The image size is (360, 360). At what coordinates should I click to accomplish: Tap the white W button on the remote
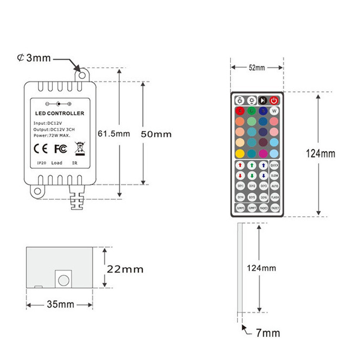274,111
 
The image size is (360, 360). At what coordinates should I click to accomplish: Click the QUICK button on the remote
275,165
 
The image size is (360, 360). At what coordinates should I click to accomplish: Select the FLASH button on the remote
275,196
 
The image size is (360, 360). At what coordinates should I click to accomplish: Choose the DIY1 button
240,186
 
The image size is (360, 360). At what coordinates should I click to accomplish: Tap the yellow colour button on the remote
240,153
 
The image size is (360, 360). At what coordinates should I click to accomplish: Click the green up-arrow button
252,165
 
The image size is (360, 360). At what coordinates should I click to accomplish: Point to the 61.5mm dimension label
114,134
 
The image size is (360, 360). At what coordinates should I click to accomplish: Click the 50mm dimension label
156,134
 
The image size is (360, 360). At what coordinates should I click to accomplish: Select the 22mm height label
125,269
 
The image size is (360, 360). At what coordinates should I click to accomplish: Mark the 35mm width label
60,304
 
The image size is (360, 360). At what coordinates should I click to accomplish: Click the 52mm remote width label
257,68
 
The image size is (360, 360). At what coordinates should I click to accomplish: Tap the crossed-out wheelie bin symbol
79,148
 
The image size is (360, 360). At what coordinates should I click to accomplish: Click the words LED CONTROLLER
60,113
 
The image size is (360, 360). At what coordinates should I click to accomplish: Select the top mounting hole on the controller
82,75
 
